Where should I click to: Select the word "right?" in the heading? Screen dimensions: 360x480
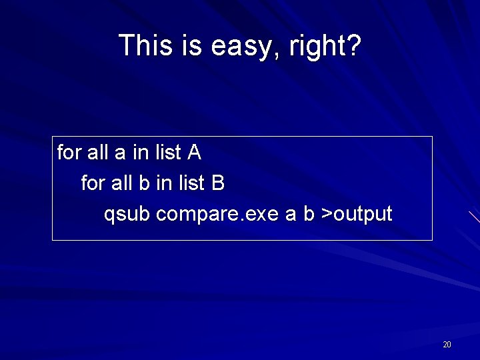pos(325,45)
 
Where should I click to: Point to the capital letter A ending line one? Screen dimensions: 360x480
pos(194,153)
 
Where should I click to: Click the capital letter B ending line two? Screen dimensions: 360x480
pos(218,183)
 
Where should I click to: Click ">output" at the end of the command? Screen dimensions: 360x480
pos(357,215)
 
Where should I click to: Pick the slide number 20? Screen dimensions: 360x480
pos(447,345)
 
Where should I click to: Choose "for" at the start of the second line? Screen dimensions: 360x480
pos(93,183)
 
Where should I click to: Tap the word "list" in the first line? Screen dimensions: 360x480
pos(167,153)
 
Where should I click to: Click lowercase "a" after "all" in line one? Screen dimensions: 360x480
pos(120,153)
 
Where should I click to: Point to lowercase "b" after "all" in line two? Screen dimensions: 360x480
pos(143,183)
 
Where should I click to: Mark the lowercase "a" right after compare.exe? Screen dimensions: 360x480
pos(291,215)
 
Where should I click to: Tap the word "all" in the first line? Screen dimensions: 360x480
pos(98,153)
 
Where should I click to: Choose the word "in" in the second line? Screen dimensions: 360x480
pos(163,183)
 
